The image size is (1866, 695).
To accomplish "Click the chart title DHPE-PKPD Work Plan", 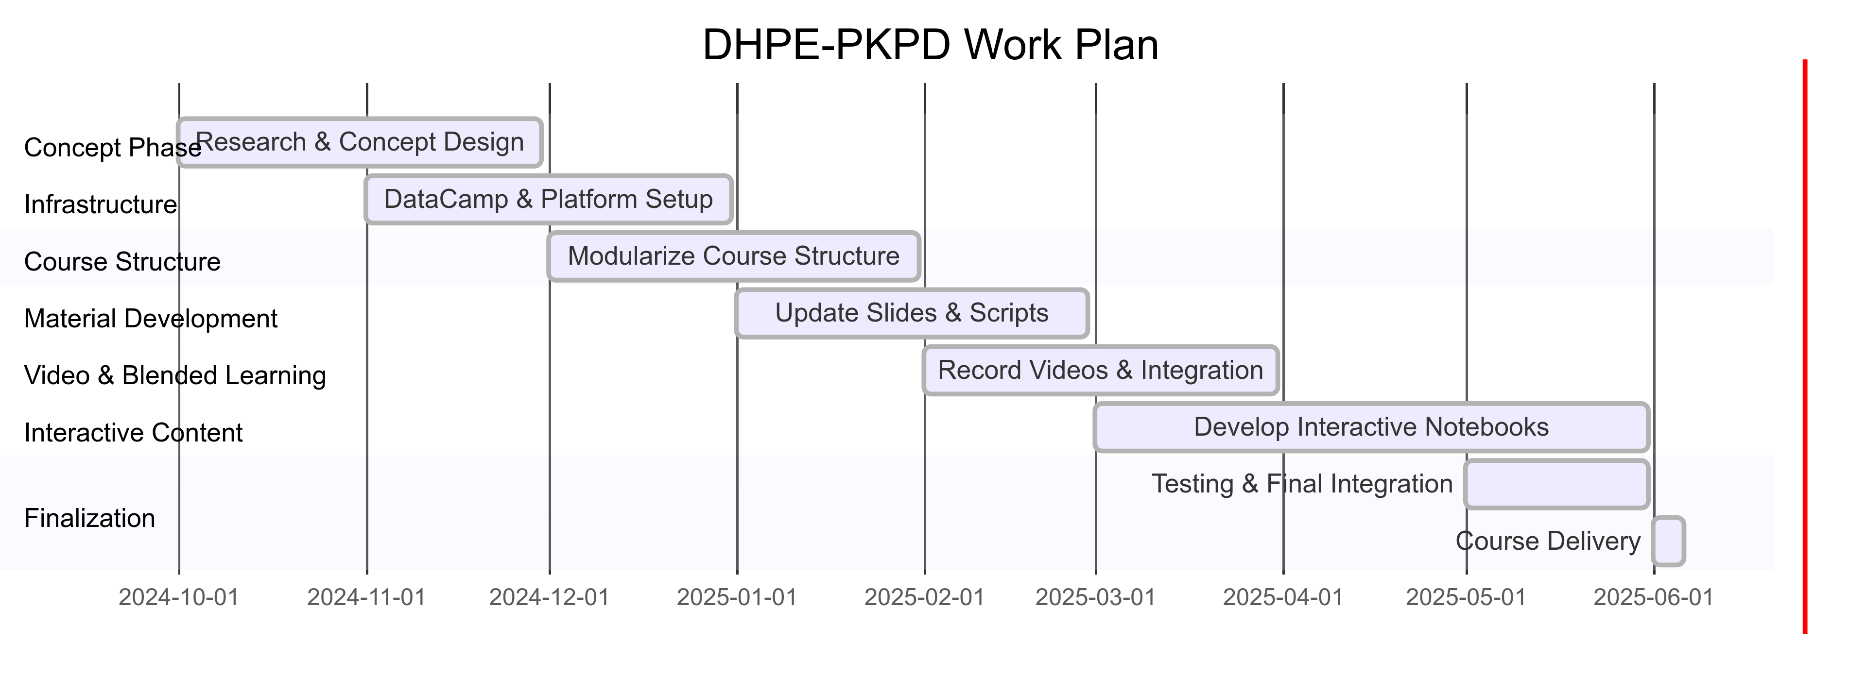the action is click(x=930, y=45).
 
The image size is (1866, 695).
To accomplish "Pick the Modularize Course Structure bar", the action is click(x=734, y=256).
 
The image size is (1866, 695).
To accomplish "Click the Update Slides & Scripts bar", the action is click(x=912, y=313).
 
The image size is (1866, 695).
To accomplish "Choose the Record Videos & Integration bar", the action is click(x=1100, y=370).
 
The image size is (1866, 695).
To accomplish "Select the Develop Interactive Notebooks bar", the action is click(x=1372, y=427).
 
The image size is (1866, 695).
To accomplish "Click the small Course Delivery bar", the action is click(x=1668, y=541).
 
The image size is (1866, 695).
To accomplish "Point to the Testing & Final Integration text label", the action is click(x=1302, y=484).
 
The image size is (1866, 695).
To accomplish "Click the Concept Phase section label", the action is click(x=112, y=148).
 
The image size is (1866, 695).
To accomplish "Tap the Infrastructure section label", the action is click(x=101, y=205).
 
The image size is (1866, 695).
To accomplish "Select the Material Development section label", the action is click(x=151, y=319).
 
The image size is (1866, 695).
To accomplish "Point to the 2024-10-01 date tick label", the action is click(x=179, y=598).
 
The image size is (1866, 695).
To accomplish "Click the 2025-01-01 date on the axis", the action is click(x=738, y=598).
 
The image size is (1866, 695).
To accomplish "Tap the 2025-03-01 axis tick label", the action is click(x=1096, y=598).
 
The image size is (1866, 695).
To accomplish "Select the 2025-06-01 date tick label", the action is click(x=1654, y=598).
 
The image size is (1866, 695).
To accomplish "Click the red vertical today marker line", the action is click(x=1805, y=347).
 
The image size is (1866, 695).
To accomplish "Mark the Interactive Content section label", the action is click(x=133, y=433).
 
